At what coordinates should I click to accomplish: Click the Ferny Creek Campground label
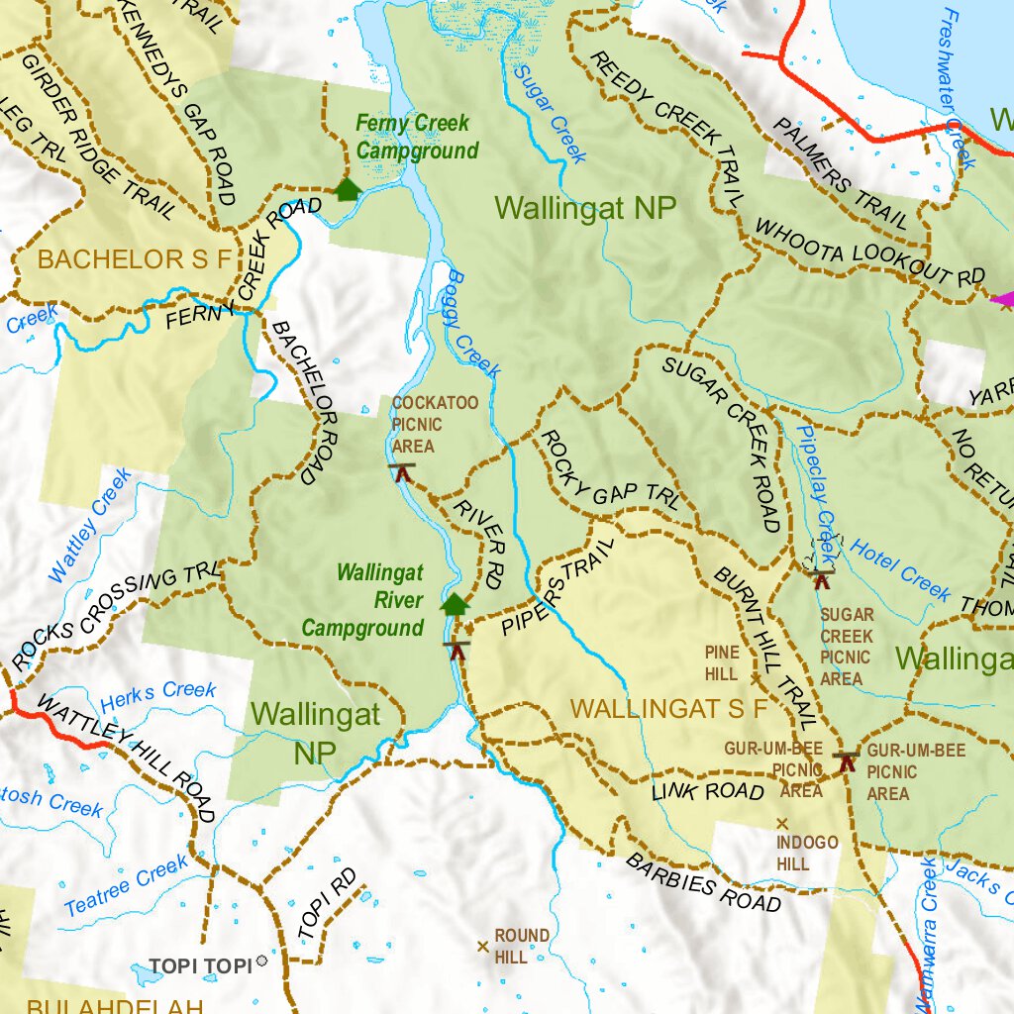click(x=417, y=138)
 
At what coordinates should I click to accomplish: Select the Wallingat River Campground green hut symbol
click(x=455, y=603)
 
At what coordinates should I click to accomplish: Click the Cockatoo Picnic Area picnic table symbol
click(x=402, y=471)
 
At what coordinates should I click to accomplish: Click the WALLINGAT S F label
click(x=669, y=709)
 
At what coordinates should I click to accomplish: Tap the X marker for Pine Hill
click(x=756, y=678)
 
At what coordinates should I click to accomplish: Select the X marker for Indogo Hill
click(x=781, y=823)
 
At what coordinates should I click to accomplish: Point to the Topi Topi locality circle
click(x=261, y=961)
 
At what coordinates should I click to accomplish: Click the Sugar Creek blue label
click(x=551, y=112)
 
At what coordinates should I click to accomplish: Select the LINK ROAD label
click(x=708, y=791)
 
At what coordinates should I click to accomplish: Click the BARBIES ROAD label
click(x=703, y=881)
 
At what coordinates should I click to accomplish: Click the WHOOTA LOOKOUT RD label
click(x=870, y=253)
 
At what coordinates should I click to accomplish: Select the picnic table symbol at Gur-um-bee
click(x=845, y=760)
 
